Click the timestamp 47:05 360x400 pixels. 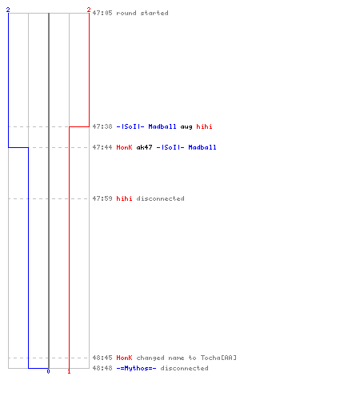point(102,13)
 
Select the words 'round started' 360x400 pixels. point(142,13)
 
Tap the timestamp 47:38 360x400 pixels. point(102,126)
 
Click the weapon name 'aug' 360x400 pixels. point(186,127)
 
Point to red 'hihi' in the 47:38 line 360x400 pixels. point(204,126)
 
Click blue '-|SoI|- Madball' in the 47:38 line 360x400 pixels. point(146,126)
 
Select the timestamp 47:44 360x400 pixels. point(102,147)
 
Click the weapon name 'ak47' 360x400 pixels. point(144,147)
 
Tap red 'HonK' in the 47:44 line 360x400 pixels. point(124,147)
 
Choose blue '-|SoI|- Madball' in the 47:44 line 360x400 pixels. point(186,147)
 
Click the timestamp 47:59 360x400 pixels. point(102,198)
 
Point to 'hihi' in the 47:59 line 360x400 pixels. point(124,198)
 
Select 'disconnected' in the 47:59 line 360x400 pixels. point(160,198)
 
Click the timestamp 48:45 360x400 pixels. point(102,358)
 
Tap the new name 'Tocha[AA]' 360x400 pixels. point(218,358)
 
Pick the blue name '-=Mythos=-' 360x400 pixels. point(136,368)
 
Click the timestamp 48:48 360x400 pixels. point(102,368)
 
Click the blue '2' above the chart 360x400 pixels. point(8,10)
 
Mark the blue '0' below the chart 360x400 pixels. point(48,371)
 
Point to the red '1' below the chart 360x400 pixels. point(69,371)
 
